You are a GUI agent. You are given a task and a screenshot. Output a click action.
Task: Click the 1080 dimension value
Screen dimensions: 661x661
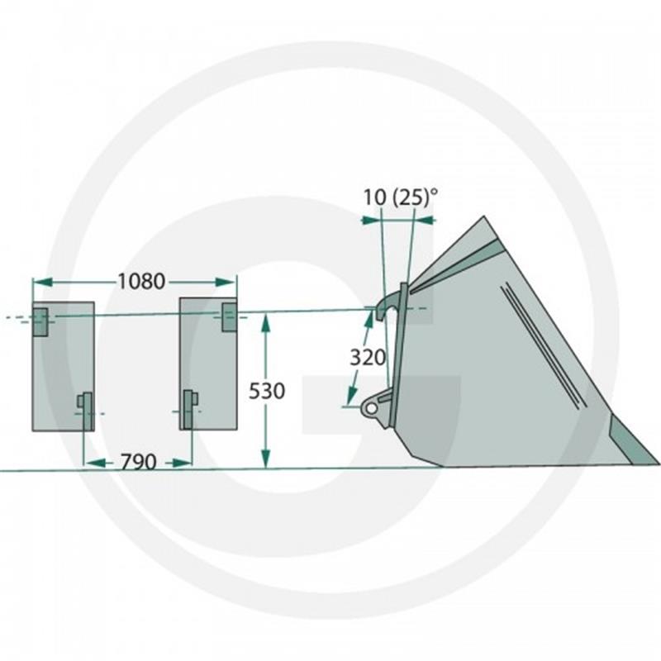click(140, 282)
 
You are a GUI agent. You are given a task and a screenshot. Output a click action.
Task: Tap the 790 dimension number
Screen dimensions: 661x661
click(139, 463)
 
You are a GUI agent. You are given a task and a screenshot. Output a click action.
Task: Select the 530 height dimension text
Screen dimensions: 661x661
click(266, 391)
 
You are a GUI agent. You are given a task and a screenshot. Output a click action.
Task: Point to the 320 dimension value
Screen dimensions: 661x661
click(368, 358)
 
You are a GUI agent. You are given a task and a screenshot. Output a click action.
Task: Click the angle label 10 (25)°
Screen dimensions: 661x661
click(401, 197)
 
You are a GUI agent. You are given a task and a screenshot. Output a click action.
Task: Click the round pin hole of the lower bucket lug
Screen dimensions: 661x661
click(371, 408)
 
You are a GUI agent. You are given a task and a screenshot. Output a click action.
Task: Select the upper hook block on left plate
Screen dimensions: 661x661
click(40, 322)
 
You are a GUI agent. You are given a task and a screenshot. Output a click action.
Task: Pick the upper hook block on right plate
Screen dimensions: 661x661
click(229, 317)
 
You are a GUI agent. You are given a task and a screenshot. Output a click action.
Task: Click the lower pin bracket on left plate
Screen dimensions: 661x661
click(86, 411)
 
